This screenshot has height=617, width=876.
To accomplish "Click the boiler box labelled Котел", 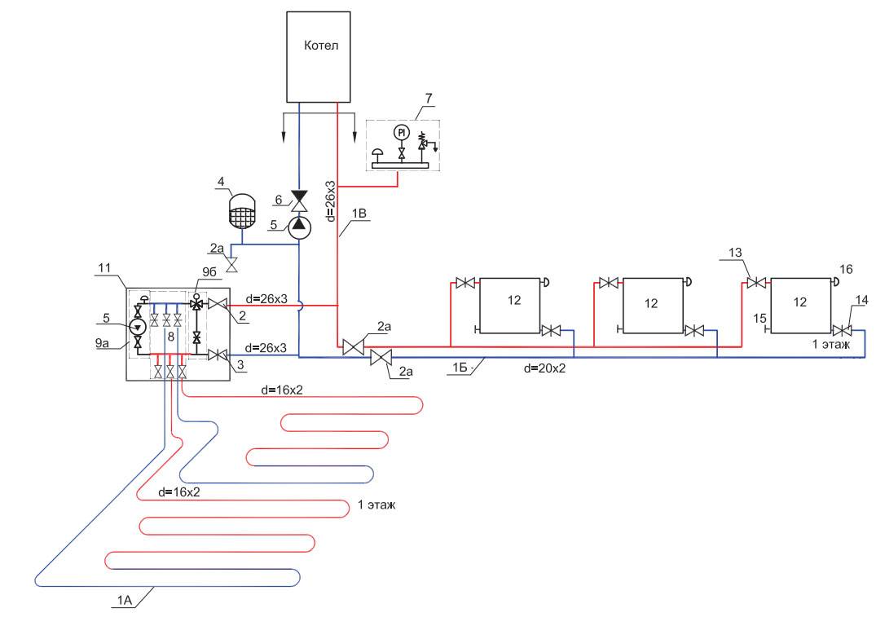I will coord(318,56).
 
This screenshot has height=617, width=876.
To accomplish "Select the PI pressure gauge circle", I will coord(400,132).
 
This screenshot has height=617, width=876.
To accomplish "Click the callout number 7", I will coord(427,99).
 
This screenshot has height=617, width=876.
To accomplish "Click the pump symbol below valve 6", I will coord(300,224).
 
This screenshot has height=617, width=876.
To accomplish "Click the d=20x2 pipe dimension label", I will coord(545,368).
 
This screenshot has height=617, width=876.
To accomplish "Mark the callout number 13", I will coord(737,253).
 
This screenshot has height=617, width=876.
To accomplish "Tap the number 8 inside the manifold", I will coord(170,336).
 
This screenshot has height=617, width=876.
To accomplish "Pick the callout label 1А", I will coord(123,602).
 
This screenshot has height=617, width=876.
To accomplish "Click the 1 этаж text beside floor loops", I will coord(376,505).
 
